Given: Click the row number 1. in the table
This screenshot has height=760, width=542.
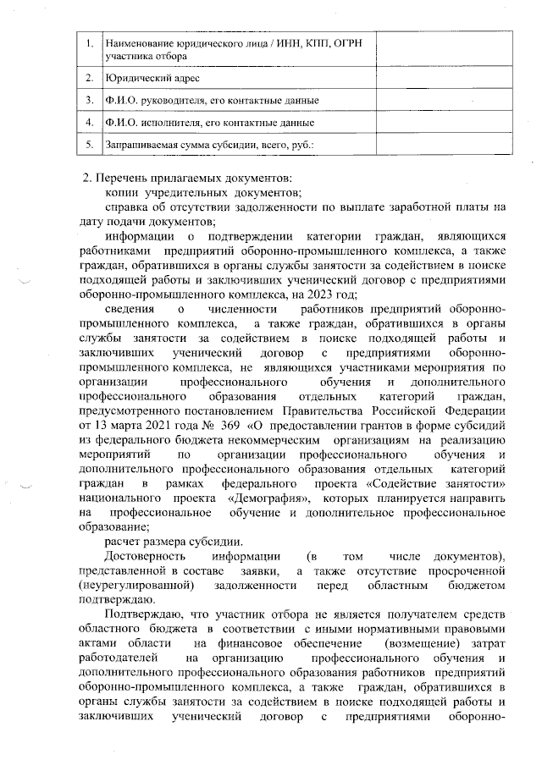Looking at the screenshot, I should (x=88, y=43).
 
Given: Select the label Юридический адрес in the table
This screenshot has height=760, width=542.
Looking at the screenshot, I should (x=152, y=78).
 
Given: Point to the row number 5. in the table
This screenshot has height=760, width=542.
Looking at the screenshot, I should (x=88, y=145).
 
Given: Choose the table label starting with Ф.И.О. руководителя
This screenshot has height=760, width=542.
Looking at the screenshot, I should (x=212, y=101).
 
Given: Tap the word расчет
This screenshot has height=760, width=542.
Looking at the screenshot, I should (x=124, y=542).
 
